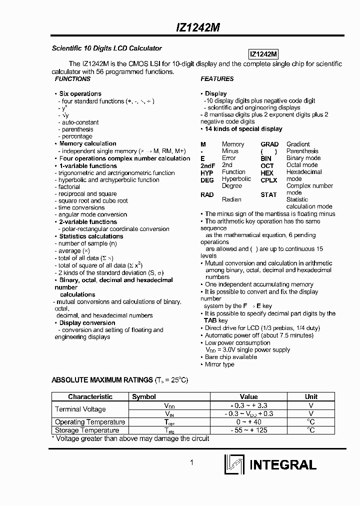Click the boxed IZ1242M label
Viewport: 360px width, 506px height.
pyautogui.click(x=263, y=54)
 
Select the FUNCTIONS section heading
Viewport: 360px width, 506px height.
pyautogui.click(x=72, y=79)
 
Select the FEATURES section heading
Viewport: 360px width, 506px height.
pyautogui.click(x=217, y=79)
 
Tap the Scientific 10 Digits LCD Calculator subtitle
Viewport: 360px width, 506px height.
pyautogui.click(x=107, y=48)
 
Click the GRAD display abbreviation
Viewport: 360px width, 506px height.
pyautogui.click(x=269, y=144)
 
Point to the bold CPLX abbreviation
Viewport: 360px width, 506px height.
pyautogui.click(x=268, y=180)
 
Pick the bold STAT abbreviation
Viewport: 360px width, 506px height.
pyautogui.click(x=268, y=194)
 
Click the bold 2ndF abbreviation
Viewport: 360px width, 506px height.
pyautogui.click(x=207, y=165)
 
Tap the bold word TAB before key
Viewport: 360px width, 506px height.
pyautogui.click(x=210, y=320)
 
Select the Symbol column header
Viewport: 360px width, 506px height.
pyautogui.click(x=144, y=396)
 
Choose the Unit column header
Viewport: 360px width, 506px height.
pyautogui.click(x=311, y=396)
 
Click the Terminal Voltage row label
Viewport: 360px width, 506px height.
pyautogui.click(x=80, y=409)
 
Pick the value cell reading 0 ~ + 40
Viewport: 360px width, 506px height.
pyautogui.click(x=248, y=422)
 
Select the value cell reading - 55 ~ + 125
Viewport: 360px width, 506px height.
pyautogui.click(x=248, y=430)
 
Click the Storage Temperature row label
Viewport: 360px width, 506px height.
pyautogui.click(x=86, y=430)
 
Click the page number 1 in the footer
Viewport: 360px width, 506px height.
pyautogui.click(x=191, y=462)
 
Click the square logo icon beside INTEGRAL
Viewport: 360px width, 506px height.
pyautogui.click(x=234, y=464)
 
